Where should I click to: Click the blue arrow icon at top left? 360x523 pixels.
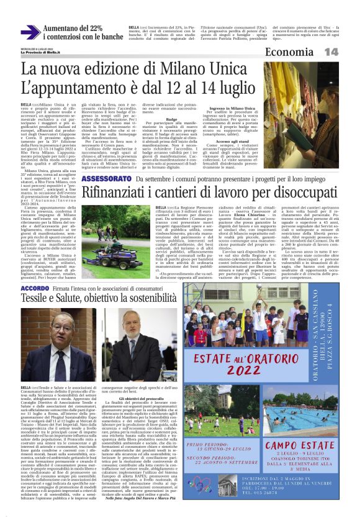30,32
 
